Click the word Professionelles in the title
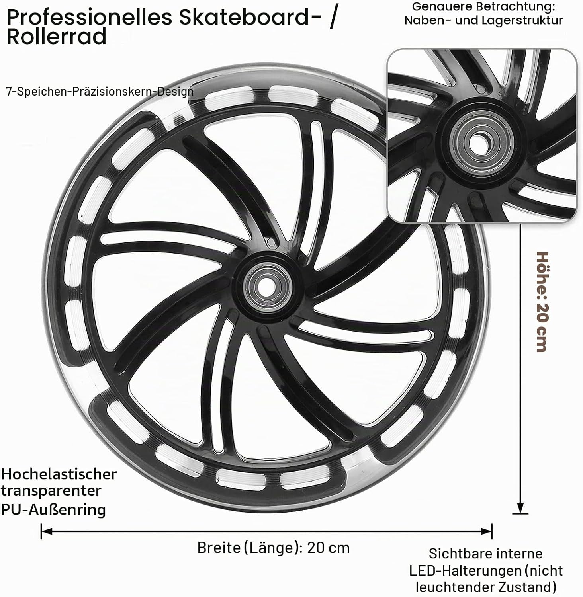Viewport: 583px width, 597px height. pyautogui.click(x=90, y=18)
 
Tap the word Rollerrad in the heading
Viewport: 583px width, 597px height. pyautogui.click(x=57, y=37)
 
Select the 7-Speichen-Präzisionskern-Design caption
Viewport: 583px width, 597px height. pyautogui.click(x=100, y=92)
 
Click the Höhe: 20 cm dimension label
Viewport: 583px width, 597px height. pyautogui.click(x=543, y=302)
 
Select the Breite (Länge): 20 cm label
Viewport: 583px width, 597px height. pyautogui.click(x=273, y=548)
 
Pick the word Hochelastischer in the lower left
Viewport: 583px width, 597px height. pyautogui.click(x=59, y=474)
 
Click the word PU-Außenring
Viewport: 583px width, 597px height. pyautogui.click(x=53, y=509)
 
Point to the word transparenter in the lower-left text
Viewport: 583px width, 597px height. pyautogui.click(x=51, y=491)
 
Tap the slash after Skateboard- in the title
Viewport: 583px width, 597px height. pyautogui.click(x=333, y=18)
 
